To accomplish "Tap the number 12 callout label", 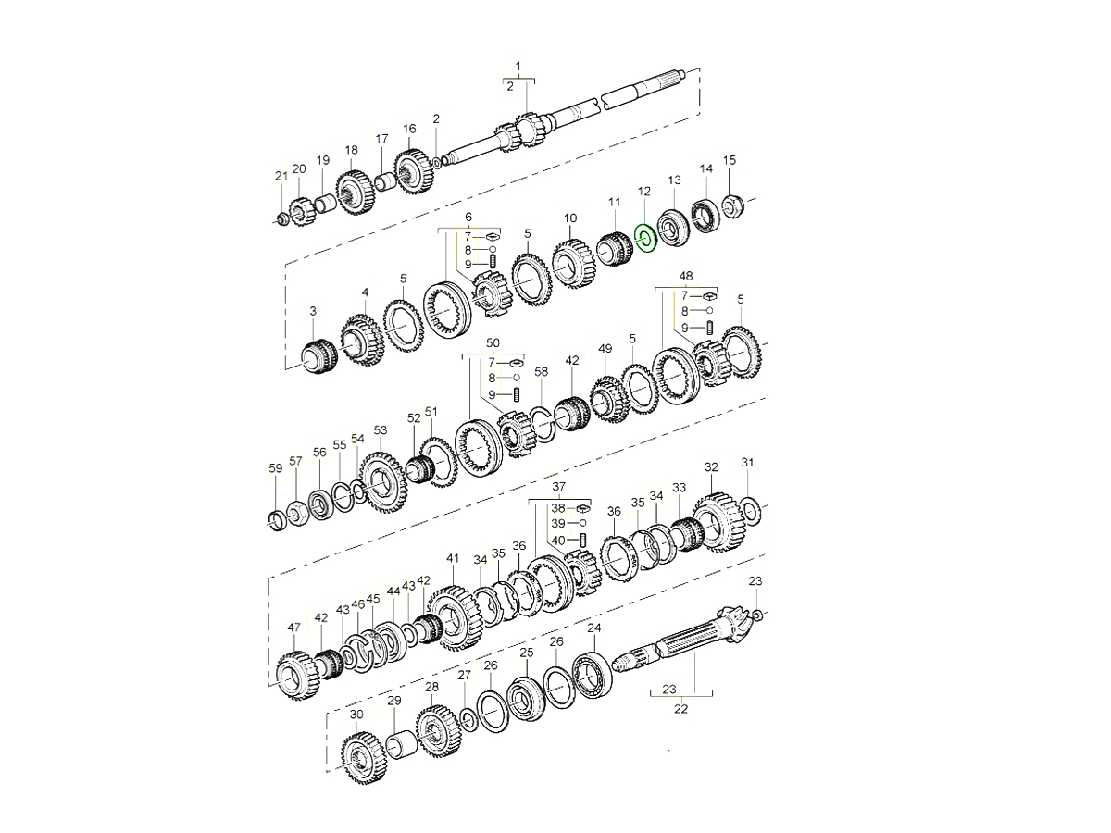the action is click(643, 192).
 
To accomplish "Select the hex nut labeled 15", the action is click(730, 205).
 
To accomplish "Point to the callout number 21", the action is click(281, 176).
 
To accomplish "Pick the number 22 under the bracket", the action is click(680, 709).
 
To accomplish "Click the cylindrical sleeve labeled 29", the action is click(401, 745).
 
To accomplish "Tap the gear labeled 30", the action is click(364, 758).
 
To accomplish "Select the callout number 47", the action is click(294, 628).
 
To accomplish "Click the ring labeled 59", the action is click(277, 521).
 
